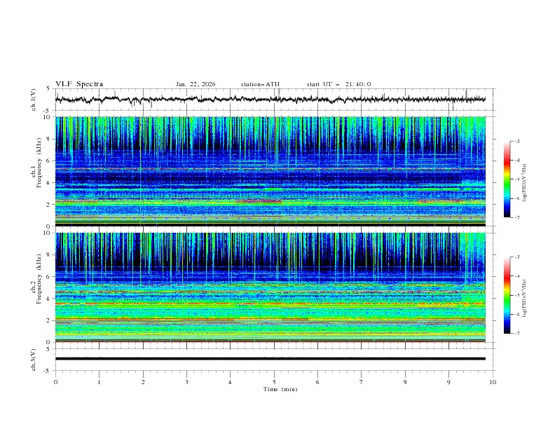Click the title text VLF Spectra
79,84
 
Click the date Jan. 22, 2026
196,84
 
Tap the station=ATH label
260,84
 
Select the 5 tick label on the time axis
274,382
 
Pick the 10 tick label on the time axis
493,382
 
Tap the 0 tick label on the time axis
55,382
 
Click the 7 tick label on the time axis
362,382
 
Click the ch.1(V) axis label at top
34,100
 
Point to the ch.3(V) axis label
34,358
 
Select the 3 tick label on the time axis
186,382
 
